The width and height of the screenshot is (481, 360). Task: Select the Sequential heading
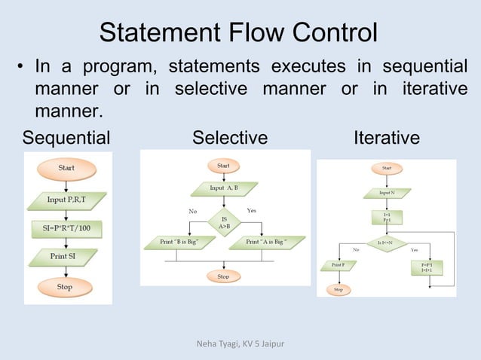66,139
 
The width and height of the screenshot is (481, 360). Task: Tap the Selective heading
230,139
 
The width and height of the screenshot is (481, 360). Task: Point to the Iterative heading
387,139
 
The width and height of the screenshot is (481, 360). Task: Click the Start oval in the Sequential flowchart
68,169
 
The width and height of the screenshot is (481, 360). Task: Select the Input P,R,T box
67,200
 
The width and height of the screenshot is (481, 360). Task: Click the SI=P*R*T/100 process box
67,227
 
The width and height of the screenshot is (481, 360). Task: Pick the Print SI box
67,257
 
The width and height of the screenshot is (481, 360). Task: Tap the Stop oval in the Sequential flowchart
68,287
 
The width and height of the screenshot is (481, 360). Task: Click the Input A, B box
224,188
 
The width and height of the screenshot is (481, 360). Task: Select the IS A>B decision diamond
224,221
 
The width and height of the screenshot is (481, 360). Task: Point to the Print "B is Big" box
174,243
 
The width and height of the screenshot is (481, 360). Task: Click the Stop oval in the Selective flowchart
223,276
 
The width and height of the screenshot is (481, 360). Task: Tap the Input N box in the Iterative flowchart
386,193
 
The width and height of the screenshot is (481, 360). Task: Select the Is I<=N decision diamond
386,243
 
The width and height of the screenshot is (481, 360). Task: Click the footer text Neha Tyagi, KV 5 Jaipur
239,346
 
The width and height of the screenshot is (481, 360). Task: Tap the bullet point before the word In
20,70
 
